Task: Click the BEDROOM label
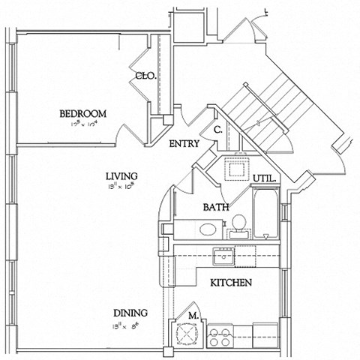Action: point(83,114)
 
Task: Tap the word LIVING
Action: point(120,177)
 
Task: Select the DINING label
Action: point(130,313)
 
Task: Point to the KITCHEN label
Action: point(230,283)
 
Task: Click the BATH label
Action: point(216,206)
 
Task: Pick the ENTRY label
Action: point(184,144)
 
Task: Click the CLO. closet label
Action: point(145,76)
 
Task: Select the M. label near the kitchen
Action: point(193,316)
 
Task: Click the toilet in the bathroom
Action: point(238,223)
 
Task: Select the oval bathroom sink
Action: point(208,229)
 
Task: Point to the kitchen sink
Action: point(223,257)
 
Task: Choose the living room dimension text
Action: point(120,189)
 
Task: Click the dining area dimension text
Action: point(130,325)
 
